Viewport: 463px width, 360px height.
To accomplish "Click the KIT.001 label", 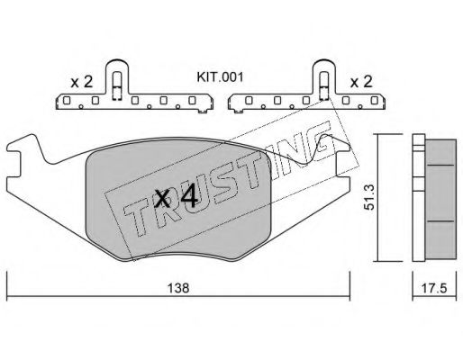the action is pyautogui.click(x=220, y=77).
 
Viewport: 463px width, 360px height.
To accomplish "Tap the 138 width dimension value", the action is pyautogui.click(x=178, y=288).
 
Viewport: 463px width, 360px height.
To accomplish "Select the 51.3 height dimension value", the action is pyautogui.click(x=368, y=197).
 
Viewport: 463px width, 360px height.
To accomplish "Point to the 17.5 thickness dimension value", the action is pyautogui.click(x=434, y=289).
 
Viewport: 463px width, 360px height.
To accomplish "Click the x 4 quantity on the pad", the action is pyautogui.click(x=176, y=197).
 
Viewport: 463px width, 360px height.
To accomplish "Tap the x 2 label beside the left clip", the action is pyautogui.click(x=81, y=82).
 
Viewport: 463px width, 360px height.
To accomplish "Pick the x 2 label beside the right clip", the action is pyautogui.click(x=361, y=82).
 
